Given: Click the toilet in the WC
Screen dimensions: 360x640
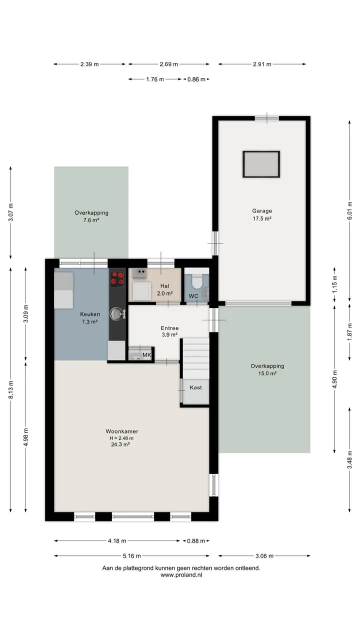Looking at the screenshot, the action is [x=197, y=281].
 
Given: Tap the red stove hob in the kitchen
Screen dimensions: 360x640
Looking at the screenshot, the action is [x=117, y=279].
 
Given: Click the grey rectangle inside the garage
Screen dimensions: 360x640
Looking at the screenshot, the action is [x=261, y=164].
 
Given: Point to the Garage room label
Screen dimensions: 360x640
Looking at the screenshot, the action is [x=262, y=211].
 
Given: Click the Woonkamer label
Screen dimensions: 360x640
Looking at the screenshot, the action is [x=121, y=431].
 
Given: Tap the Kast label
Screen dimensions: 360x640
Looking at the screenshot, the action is [x=195, y=387].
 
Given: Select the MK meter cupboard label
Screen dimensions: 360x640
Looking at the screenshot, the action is [x=146, y=355].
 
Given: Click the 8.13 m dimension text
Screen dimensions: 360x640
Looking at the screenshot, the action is [x=11, y=389].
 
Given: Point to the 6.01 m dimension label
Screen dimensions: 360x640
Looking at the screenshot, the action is [x=349, y=211].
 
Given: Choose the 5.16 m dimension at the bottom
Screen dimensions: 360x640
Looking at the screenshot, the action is [x=131, y=555].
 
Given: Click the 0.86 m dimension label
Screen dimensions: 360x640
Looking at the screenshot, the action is [x=196, y=79].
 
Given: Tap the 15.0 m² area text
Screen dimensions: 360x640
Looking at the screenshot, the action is [x=267, y=373].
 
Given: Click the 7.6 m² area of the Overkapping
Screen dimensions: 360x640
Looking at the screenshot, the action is [x=91, y=220].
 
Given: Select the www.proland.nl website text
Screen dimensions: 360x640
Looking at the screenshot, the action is [x=181, y=575].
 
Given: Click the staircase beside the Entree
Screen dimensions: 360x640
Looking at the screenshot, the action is [x=196, y=358].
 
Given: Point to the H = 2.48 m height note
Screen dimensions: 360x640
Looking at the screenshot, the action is [x=121, y=438].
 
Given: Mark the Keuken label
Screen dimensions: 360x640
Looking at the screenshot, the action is [x=90, y=314].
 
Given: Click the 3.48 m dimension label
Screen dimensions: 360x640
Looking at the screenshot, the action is [x=349, y=460].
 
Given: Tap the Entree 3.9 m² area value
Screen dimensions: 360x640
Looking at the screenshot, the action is [x=169, y=334].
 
